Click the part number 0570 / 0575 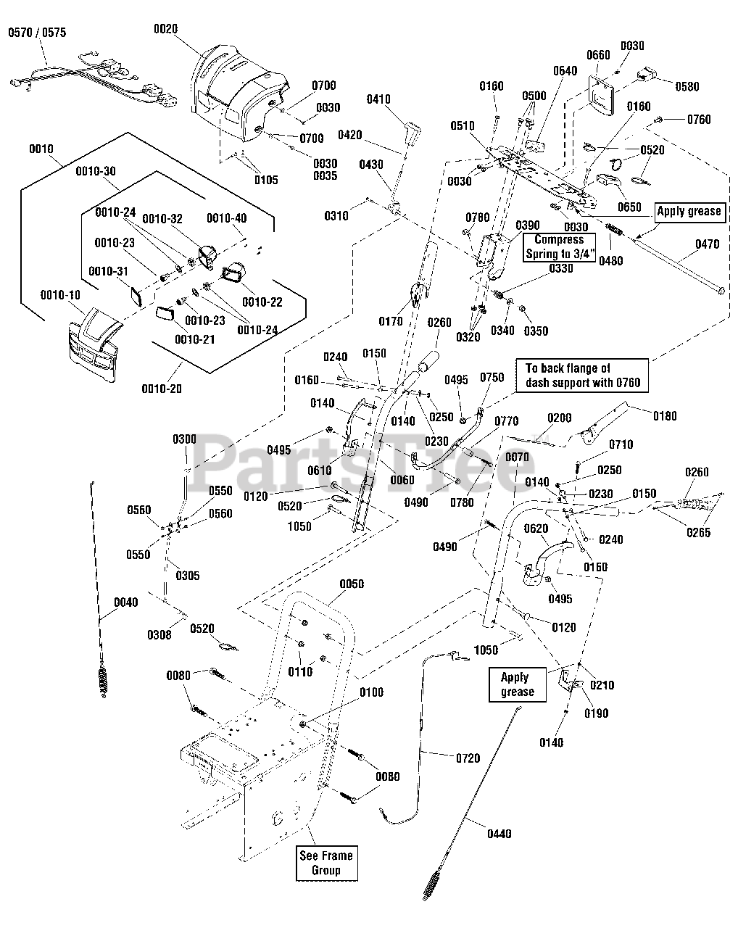[x=37, y=33]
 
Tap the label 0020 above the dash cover [x=165, y=29]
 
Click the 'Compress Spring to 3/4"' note [x=559, y=247]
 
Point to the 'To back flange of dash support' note [x=582, y=375]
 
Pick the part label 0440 [x=499, y=834]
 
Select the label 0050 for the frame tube [x=352, y=584]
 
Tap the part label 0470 [x=708, y=244]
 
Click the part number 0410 [x=378, y=99]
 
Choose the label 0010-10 [x=60, y=295]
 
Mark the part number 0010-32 [x=162, y=219]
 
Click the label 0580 [x=687, y=87]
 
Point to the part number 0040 [x=126, y=602]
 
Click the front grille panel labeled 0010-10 [x=92, y=345]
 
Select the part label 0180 [x=665, y=416]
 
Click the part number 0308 [x=159, y=635]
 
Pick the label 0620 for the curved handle [x=536, y=529]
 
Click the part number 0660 [x=598, y=55]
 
